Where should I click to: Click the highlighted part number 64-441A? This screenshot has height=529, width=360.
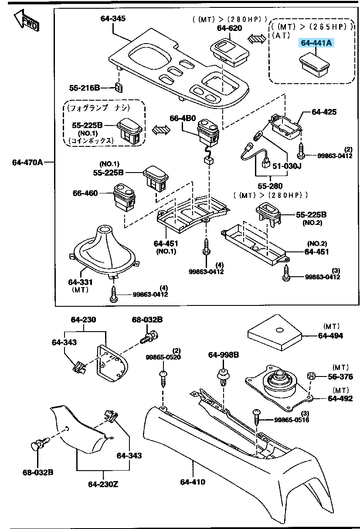[x=316, y=43]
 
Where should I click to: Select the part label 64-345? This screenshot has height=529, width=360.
[x=113, y=18]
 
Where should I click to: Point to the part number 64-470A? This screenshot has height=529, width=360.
[x=27, y=163]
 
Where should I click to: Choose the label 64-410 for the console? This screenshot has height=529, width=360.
[x=192, y=482]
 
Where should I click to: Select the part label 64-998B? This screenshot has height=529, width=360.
[x=223, y=355]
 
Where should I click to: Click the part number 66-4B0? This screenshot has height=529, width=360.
[x=183, y=118]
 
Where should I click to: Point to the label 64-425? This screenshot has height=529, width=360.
[x=324, y=112]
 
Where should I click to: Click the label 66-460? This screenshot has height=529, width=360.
[x=85, y=193]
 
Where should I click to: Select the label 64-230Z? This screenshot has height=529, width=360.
[x=103, y=484]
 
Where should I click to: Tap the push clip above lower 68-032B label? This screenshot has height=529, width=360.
[x=38, y=446]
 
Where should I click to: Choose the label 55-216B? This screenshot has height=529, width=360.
[x=85, y=88]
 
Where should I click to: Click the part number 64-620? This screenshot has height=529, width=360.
[x=229, y=28]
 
